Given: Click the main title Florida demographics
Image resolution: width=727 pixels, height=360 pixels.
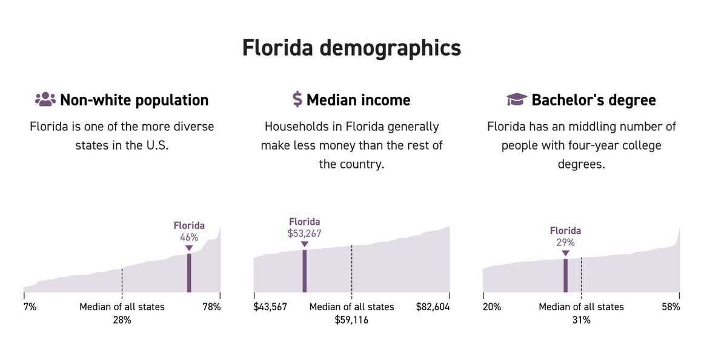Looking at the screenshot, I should [351, 48].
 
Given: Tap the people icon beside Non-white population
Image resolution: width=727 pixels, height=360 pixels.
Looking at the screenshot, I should [45, 99].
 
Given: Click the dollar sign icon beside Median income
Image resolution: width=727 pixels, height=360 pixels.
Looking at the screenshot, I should [297, 99].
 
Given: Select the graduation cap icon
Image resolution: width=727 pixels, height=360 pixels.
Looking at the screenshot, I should [516, 99].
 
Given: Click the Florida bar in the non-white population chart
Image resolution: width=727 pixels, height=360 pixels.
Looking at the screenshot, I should [189, 273].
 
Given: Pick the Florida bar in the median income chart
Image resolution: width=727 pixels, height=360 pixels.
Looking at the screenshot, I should [304, 271].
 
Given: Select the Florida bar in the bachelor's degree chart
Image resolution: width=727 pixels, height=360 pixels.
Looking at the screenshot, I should [565, 276].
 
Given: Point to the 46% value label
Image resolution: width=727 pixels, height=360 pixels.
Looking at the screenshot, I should [189, 237].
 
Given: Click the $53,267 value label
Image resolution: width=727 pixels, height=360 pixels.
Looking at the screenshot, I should [304, 233].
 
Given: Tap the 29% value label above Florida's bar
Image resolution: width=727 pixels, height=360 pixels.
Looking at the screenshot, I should [565, 242].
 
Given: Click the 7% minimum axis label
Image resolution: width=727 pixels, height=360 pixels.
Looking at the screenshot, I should [30, 307].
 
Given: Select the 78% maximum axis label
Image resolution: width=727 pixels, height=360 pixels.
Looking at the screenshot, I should [211, 307].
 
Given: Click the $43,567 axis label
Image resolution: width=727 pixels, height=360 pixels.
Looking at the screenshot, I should [270, 307].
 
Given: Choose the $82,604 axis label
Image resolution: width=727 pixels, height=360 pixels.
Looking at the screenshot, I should [433, 307].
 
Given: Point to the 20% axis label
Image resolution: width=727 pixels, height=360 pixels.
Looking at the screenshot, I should [492, 307].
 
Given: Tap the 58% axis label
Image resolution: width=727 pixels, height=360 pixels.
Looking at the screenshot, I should [671, 307].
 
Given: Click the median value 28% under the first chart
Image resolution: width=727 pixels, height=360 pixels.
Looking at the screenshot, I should [122, 320].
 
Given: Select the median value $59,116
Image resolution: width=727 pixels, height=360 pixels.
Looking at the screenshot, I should [351, 320].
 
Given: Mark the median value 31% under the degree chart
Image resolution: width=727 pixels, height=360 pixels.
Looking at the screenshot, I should [581, 320].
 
